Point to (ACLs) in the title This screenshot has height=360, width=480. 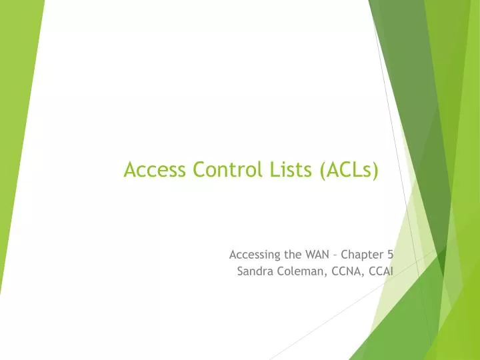(x=348, y=171)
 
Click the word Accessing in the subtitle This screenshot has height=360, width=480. (x=253, y=254)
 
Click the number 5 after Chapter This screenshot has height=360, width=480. (x=390, y=254)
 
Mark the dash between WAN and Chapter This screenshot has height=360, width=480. (x=335, y=255)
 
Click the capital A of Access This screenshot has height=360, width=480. (x=129, y=171)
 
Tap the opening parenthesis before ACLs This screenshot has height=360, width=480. (x=322, y=171)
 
